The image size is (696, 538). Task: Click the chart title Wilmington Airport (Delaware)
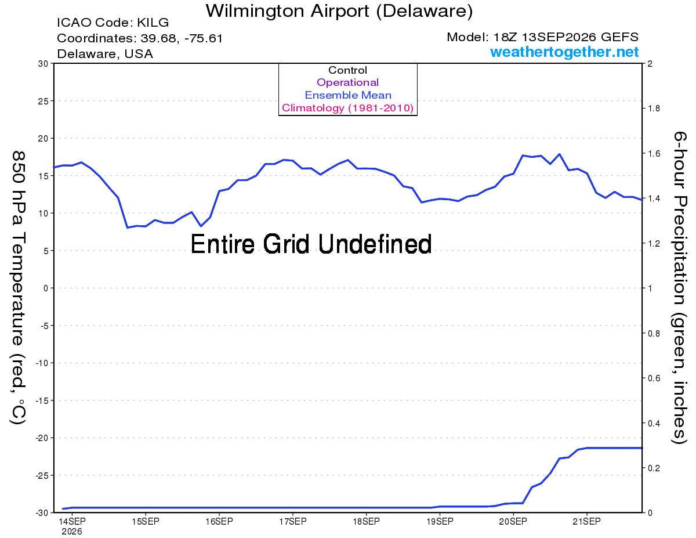pos(339,11)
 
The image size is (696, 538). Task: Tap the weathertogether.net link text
pos(564,52)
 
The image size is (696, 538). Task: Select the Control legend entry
pos(347,70)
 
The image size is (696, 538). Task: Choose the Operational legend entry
pos(347,82)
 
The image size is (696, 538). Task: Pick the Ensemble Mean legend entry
pos(348,95)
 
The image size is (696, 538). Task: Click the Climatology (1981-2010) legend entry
pos(347,108)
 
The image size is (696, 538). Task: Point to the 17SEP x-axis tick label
pos(292,521)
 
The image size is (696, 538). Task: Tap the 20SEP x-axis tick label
pos(513,521)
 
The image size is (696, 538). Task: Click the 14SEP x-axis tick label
pos(72,521)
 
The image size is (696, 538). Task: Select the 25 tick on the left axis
pos(43,101)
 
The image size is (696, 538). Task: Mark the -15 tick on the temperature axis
pos(42,400)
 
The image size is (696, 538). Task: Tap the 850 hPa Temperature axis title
pos(18,287)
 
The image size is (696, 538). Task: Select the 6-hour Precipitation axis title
pos(679,287)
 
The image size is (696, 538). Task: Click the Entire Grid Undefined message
pos(311,244)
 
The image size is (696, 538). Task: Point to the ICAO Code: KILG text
pos(113,23)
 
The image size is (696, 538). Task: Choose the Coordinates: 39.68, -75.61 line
pos(140,38)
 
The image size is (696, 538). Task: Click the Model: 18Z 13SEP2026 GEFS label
pos(542,37)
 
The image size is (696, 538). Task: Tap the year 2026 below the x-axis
pos(72,532)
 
